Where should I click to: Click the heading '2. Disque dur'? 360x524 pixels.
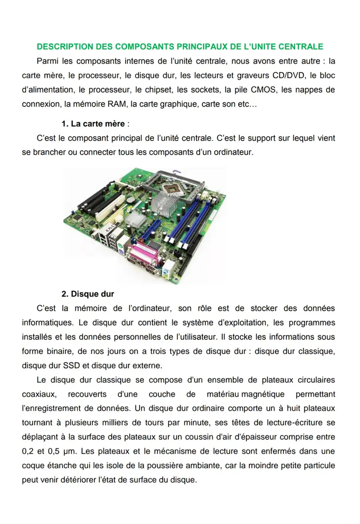88,294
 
